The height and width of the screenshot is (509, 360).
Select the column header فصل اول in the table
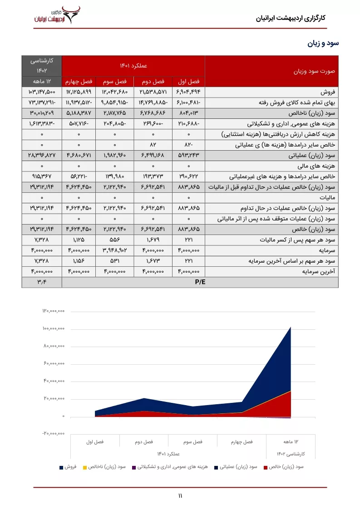click(188, 82)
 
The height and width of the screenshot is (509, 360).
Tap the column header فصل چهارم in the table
click(78, 82)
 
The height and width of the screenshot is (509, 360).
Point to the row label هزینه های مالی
click(320, 166)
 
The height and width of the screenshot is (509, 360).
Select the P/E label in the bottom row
click(200, 282)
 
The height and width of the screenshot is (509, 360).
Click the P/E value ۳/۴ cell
click(41, 282)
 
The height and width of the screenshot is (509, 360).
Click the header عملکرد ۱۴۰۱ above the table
click(133, 66)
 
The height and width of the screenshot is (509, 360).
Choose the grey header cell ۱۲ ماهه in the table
click(41, 82)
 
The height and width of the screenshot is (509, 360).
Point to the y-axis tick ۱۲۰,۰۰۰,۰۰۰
click(54, 311)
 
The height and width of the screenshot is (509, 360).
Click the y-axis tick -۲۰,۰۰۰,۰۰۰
click(54, 433)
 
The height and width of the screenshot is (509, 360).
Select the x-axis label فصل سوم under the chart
click(193, 441)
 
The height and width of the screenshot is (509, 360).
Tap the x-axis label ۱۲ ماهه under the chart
click(291, 441)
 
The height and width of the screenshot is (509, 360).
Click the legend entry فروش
click(67, 466)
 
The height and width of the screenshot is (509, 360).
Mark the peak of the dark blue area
click(290, 327)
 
